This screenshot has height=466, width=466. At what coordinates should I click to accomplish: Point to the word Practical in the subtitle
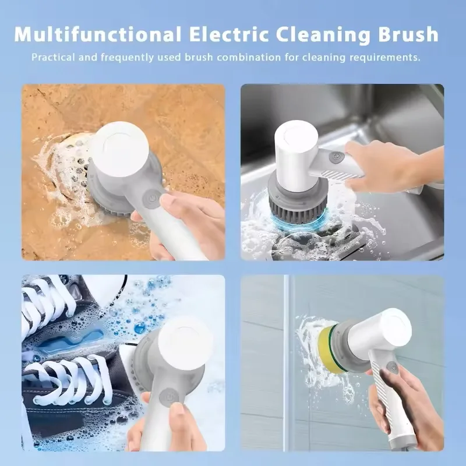click(x=52, y=58)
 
